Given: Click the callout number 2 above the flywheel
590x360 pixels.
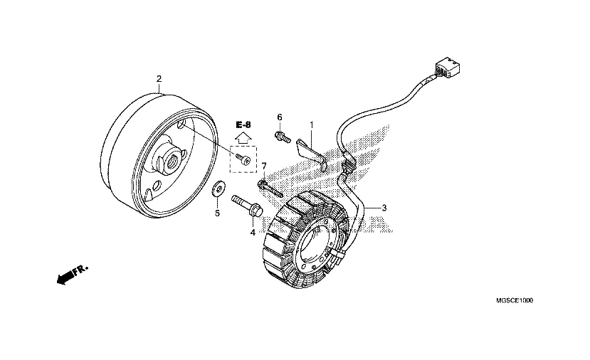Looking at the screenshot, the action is [x=159, y=79].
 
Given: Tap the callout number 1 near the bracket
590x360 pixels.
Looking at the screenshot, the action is [x=312, y=125].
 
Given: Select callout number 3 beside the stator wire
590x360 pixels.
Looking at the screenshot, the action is [x=384, y=208].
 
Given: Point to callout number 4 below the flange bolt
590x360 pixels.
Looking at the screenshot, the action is [x=253, y=233].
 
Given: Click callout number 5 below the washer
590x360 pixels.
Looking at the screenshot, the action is [x=217, y=213].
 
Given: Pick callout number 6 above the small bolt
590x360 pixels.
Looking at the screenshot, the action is [x=280, y=117].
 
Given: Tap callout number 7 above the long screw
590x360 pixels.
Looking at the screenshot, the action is [x=264, y=166].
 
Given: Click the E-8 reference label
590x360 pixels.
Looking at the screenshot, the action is [x=243, y=125].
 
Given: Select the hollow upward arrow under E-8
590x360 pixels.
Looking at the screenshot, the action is [x=243, y=137].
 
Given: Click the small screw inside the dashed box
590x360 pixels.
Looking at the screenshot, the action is [x=243, y=159].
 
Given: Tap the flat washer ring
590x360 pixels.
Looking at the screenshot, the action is [x=218, y=189].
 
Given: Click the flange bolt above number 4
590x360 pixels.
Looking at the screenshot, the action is [x=247, y=206].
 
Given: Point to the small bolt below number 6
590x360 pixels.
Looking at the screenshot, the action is [x=283, y=137].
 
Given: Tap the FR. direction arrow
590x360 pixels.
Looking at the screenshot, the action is [x=73, y=275].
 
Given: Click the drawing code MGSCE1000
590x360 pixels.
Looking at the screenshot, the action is [x=515, y=300].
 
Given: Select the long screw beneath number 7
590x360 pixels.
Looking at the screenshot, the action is [x=270, y=189].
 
